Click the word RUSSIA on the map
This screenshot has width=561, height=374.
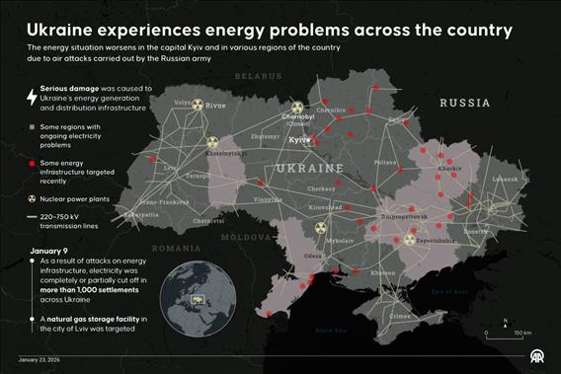pyautogui.click(x=464, y=103)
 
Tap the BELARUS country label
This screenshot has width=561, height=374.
pyautogui.click(x=258, y=76)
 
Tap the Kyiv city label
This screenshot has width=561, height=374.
pyautogui.click(x=297, y=140)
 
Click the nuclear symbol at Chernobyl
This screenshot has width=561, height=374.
pyautogui.click(x=298, y=107)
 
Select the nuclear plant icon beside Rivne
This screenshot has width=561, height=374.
pyautogui.click(x=198, y=103)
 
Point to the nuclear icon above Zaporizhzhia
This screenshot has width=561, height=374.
pyautogui.click(x=410, y=237)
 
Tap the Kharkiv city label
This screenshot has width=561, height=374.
pyautogui.click(x=449, y=169)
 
